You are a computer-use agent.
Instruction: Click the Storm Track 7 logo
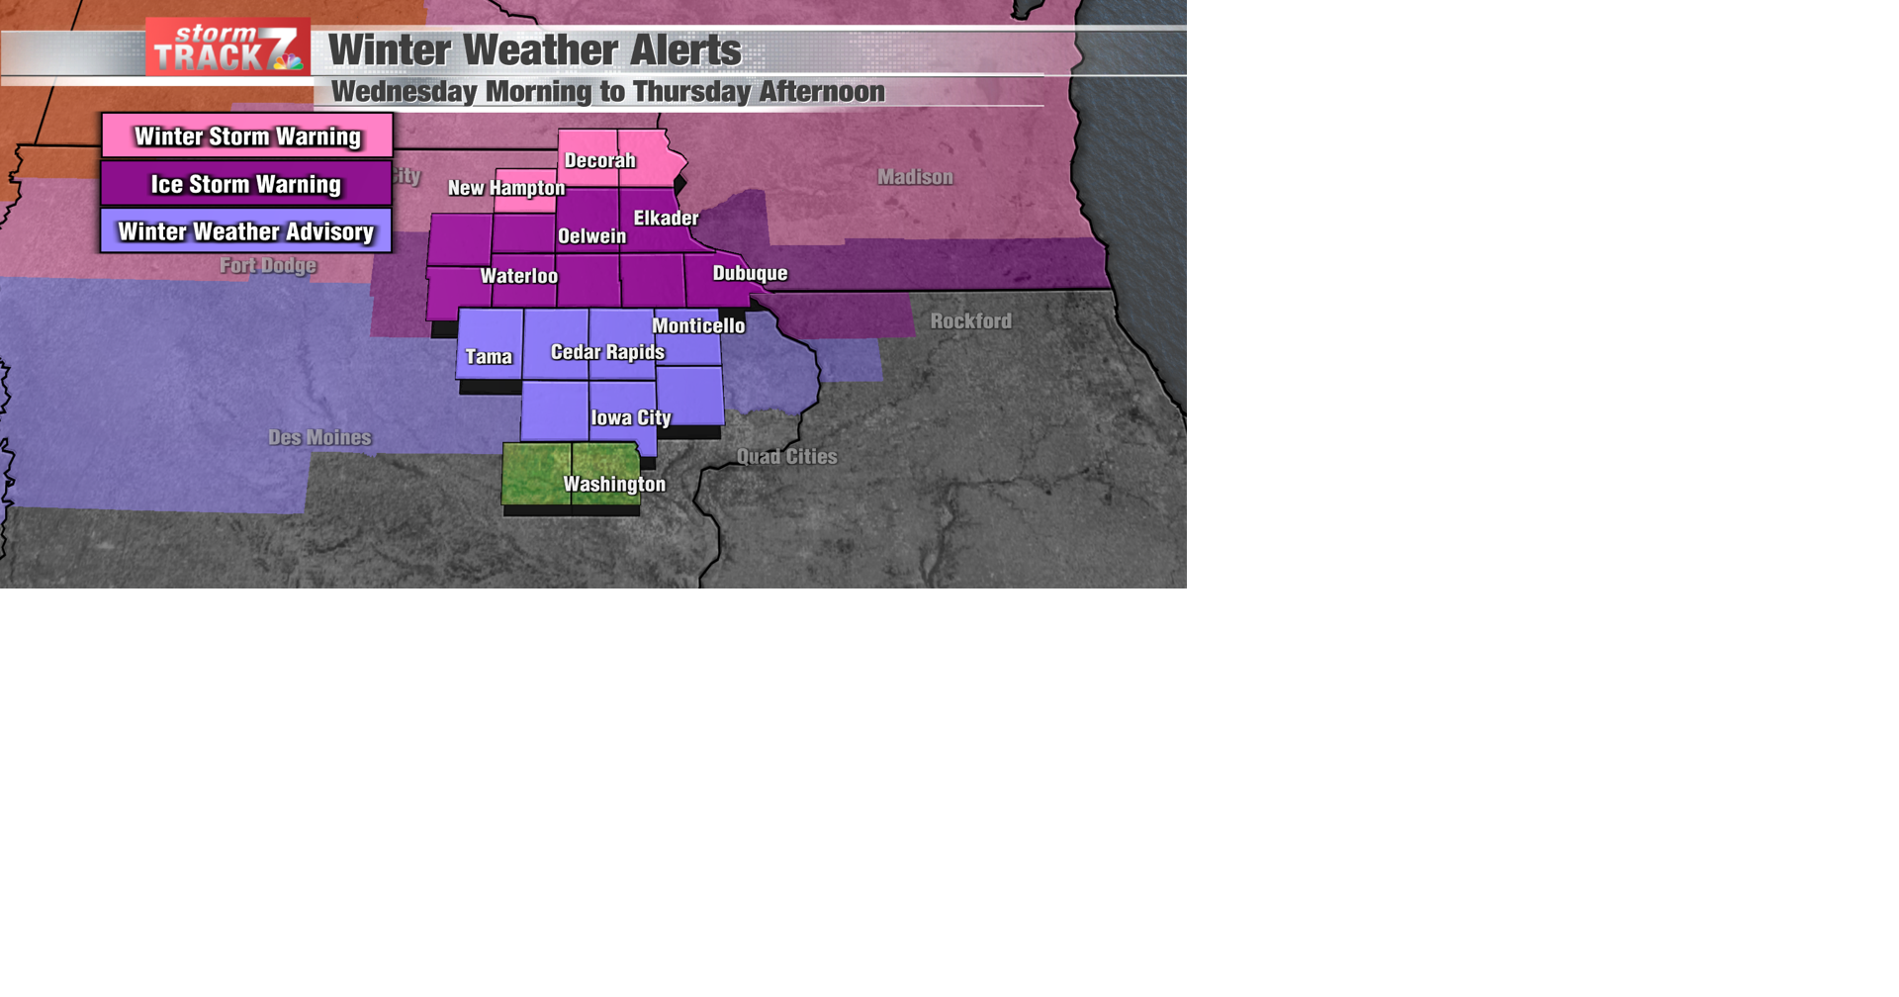[227, 47]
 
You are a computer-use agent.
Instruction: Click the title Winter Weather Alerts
[534, 50]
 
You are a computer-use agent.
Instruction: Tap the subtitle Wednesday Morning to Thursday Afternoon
[607, 92]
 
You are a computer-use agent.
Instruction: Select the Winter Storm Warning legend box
[247, 136]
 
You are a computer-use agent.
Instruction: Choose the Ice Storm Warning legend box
[246, 184]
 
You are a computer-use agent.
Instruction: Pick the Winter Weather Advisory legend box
[246, 231]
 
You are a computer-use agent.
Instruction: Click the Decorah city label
[599, 160]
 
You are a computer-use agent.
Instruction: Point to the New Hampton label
[506, 188]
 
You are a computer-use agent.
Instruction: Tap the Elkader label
[666, 218]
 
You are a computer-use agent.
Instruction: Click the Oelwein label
[591, 236]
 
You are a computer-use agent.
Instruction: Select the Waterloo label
[518, 276]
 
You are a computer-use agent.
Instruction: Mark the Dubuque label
[750, 273]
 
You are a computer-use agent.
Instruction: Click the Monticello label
[698, 325]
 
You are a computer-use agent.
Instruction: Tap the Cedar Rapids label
[607, 352]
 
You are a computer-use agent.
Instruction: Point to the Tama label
[489, 357]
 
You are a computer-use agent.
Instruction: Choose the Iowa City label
[631, 418]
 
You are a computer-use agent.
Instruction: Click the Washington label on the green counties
[614, 484]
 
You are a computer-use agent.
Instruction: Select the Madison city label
[915, 177]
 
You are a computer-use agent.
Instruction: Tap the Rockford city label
[970, 321]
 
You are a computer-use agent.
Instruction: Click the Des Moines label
[319, 437]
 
